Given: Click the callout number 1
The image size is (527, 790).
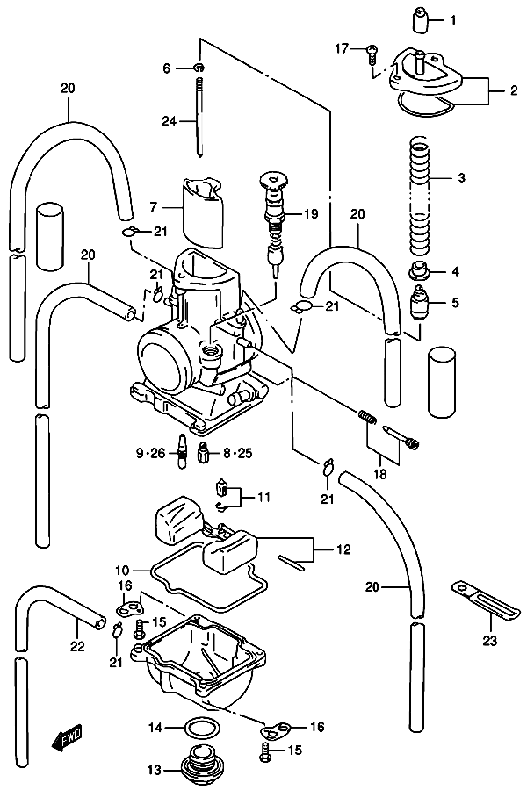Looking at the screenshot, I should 453,19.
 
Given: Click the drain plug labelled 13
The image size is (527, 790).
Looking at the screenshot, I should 204,770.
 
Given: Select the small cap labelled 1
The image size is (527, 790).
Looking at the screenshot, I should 419,18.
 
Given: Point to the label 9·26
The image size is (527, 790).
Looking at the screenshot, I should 150,453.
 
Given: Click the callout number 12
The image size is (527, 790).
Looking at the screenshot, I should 343,550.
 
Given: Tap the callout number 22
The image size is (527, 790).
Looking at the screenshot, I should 77,647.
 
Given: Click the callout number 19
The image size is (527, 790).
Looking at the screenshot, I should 311,213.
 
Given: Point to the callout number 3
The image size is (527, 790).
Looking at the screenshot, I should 460,177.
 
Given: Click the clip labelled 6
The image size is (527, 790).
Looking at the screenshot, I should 199,68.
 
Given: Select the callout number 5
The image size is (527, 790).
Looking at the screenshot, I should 454,303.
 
